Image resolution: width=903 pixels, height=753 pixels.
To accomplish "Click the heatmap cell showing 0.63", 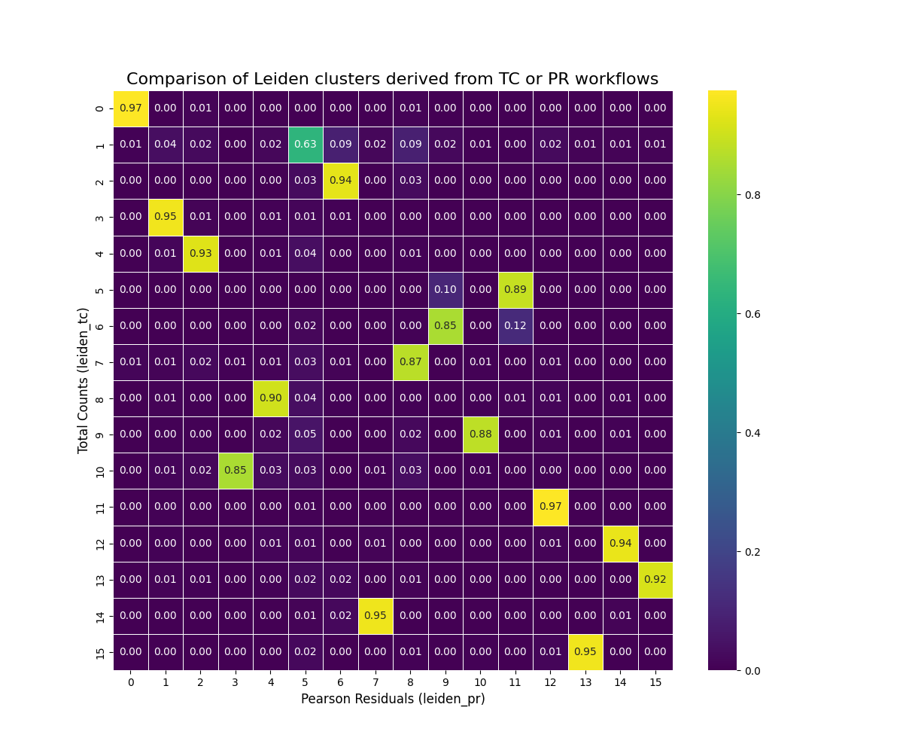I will pyautogui.click(x=306, y=145).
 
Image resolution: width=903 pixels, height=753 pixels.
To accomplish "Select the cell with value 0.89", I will pyautogui.click(x=515, y=290).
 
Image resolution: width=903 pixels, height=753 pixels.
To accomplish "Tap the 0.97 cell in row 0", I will pyautogui.click(x=131, y=108).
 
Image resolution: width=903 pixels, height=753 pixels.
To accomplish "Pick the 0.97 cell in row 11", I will pyautogui.click(x=550, y=507).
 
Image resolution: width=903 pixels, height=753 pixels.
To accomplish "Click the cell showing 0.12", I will pyautogui.click(x=515, y=326).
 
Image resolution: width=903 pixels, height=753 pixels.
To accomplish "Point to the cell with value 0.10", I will pyautogui.click(x=445, y=290).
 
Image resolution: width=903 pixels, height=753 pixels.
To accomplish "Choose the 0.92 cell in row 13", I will pyautogui.click(x=655, y=580).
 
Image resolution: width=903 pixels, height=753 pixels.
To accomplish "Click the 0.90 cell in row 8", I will pyautogui.click(x=270, y=398).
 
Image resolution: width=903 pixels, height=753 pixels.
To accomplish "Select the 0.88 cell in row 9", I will pyautogui.click(x=480, y=434).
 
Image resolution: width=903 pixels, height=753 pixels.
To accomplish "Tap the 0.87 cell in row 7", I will pyautogui.click(x=410, y=362).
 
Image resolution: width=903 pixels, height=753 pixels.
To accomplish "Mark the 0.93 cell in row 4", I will pyautogui.click(x=201, y=254).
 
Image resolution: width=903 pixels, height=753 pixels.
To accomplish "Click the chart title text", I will pyautogui.click(x=392, y=79).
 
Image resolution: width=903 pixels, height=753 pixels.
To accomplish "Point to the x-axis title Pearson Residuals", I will pyautogui.click(x=393, y=699).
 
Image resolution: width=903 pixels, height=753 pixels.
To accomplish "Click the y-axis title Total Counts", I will pyautogui.click(x=84, y=380).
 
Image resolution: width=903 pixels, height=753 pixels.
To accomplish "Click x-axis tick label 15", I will pyautogui.click(x=655, y=682).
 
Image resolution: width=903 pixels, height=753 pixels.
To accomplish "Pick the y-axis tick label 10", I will pyautogui.click(x=101, y=471).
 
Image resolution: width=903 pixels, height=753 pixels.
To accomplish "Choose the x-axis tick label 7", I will pyautogui.click(x=375, y=682).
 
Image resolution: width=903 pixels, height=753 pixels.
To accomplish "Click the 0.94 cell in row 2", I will pyautogui.click(x=340, y=181).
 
